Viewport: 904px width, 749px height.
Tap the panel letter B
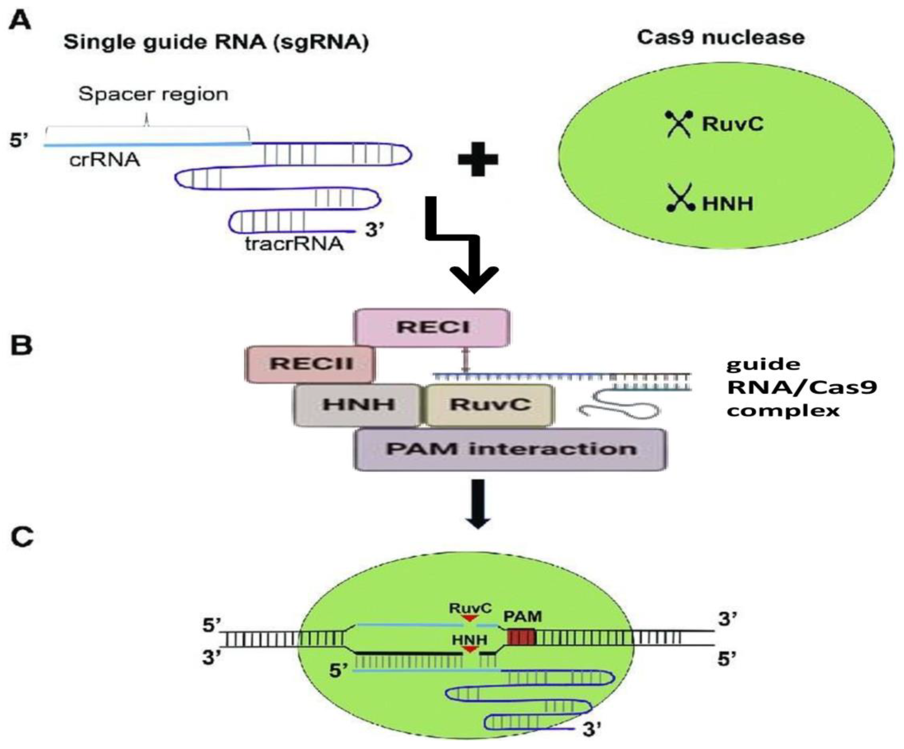point(21,346)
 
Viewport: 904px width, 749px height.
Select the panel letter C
point(21,538)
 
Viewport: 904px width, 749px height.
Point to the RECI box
point(432,327)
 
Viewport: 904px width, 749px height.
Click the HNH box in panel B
point(357,405)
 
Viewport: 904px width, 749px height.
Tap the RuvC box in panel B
point(489,405)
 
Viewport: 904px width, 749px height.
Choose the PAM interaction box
point(511,449)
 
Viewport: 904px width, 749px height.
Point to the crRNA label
point(105,160)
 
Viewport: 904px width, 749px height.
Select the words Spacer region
point(153,94)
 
